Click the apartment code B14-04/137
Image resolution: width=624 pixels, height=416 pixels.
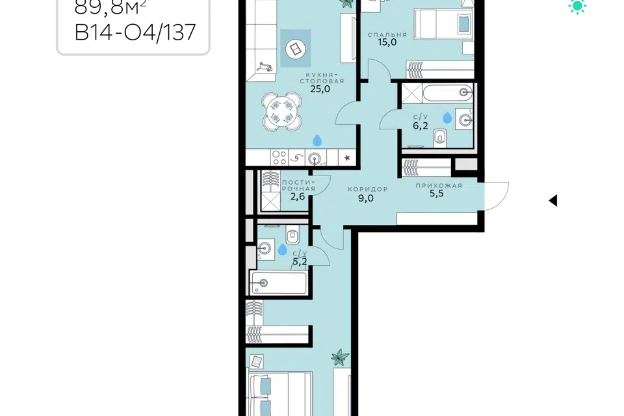[135, 32]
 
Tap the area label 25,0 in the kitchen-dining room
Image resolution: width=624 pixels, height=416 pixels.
[320, 89]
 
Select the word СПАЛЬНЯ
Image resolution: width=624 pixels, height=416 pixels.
[387, 34]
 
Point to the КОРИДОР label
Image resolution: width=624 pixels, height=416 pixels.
[367, 189]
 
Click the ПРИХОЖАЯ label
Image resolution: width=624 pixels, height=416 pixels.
[439, 185]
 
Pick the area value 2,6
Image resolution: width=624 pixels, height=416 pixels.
[298, 196]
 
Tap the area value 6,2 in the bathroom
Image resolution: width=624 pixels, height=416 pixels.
[421, 126]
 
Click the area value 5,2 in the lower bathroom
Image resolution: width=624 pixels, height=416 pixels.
[300, 261]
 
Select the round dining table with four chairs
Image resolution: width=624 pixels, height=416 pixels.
[281, 112]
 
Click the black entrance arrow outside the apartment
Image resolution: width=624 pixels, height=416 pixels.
[553, 200]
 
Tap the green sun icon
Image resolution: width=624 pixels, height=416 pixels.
[577, 6]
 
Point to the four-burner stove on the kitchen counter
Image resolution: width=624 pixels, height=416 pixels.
[279, 158]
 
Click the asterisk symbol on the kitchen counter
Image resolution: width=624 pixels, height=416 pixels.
[347, 158]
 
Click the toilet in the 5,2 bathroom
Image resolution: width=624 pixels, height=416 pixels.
[292, 237]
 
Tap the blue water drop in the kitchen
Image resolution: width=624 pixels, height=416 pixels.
[317, 140]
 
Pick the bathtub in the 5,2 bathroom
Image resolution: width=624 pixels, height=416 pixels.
[279, 283]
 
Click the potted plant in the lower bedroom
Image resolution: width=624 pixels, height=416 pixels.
[340, 357]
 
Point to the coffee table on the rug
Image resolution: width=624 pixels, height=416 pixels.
[296, 49]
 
